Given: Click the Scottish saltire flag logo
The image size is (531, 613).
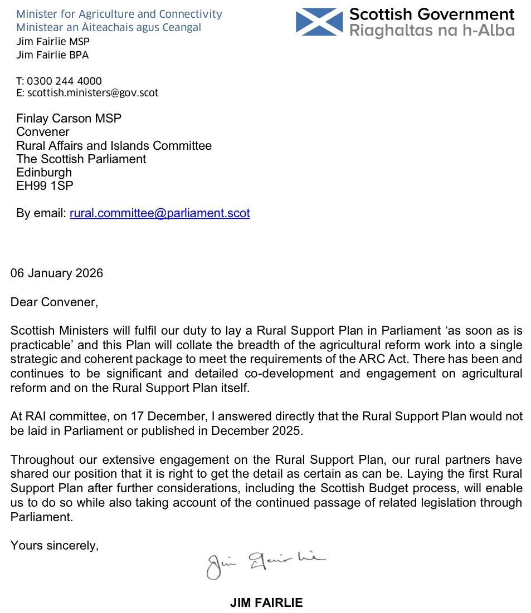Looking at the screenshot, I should (x=319, y=21).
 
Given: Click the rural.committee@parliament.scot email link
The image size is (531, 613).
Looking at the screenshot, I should (x=159, y=213).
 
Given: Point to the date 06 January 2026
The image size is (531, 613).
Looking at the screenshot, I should (x=57, y=273).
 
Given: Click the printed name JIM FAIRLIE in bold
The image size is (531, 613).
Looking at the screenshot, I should (x=266, y=602).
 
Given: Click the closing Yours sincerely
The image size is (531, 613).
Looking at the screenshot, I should (x=55, y=546).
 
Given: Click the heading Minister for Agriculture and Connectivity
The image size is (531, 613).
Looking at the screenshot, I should (x=119, y=14).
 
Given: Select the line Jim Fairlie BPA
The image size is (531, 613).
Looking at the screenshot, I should (x=52, y=55).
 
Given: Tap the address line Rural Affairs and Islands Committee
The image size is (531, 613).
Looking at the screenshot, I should (x=114, y=146).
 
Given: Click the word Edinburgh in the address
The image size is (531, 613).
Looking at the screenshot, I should (x=44, y=173).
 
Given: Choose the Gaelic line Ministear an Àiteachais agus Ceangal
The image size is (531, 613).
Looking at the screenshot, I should (x=109, y=27).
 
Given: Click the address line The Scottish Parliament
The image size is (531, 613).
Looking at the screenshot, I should (x=81, y=159).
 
